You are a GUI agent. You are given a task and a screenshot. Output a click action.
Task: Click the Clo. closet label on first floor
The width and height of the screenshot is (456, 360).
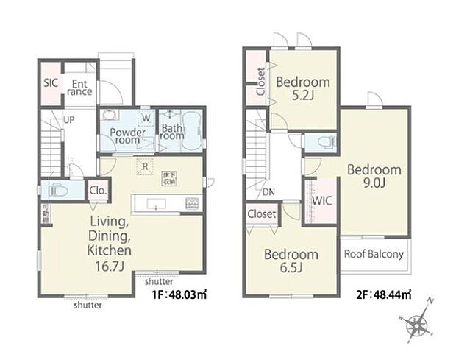99,191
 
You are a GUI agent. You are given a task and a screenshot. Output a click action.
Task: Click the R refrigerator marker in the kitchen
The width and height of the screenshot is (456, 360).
146,166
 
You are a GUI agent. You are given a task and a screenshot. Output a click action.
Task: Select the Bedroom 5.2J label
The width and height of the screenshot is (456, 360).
303,88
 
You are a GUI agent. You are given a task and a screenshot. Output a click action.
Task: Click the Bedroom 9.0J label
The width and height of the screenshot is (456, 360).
374,176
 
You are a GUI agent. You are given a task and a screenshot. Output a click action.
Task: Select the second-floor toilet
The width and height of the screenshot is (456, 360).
322,141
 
